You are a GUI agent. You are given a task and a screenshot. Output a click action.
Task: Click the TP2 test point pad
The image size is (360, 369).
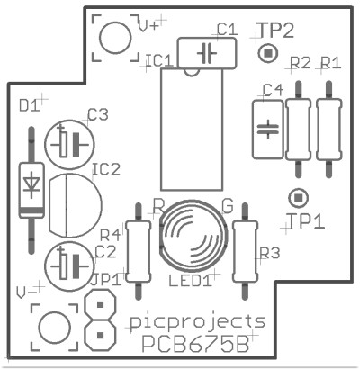coord(268,53)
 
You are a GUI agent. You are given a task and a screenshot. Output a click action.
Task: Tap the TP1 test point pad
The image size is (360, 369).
coord(298,198)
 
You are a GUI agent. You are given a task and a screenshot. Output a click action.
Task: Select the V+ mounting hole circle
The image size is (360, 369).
coord(115,38)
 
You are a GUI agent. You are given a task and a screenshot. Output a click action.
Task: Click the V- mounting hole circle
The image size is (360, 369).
coord(56,327)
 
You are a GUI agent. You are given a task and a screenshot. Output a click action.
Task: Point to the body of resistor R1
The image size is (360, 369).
coord(329,130)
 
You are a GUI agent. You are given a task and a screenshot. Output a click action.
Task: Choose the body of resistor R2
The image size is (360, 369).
coord(298,130)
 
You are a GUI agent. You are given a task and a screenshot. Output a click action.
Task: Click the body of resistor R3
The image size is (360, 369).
coord(246,251)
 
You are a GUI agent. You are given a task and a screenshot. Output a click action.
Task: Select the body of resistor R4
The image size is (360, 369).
coord(138,251)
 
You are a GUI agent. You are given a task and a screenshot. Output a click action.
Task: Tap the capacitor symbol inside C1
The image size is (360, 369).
coord(207,53)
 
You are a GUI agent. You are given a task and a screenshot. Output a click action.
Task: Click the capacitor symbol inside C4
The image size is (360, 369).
coord(268,130)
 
